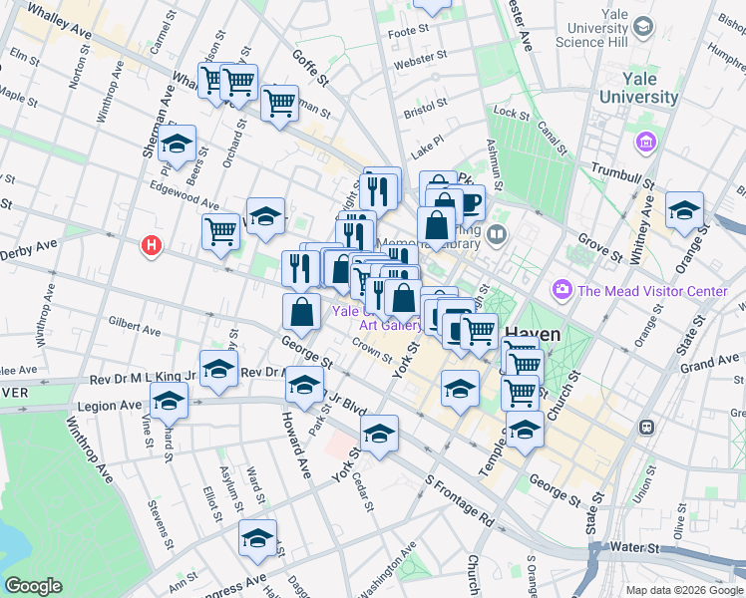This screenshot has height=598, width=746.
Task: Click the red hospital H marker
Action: [x=152, y=244]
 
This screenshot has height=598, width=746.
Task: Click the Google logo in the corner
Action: [x=33, y=586]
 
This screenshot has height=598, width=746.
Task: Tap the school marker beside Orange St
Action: [x=684, y=210]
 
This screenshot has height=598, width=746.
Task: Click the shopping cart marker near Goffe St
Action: [x=280, y=102]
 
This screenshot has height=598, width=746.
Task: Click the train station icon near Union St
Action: [x=646, y=426]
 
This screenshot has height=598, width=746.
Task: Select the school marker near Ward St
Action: [x=257, y=538]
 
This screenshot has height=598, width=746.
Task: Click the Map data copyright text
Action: [x=683, y=590]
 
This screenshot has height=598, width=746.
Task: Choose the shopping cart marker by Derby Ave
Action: [x=220, y=231]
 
